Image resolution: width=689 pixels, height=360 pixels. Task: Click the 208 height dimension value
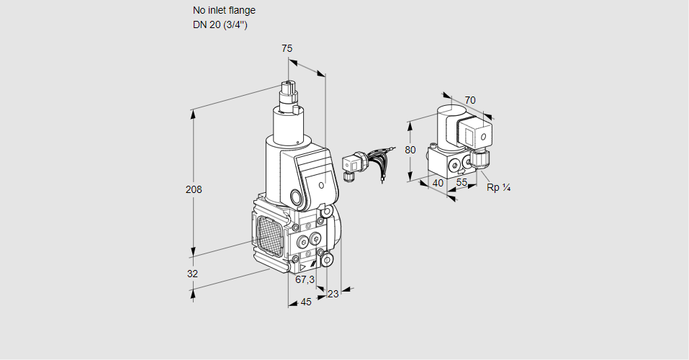pyautogui.click(x=193, y=190)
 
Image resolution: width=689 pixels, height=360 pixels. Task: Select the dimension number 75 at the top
pyautogui.click(x=287, y=48)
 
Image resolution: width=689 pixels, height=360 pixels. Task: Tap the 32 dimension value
pyautogui.click(x=192, y=274)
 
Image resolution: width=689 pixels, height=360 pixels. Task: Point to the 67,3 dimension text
pyautogui.click(x=305, y=279)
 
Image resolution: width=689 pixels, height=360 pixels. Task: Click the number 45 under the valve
pyautogui.click(x=306, y=302)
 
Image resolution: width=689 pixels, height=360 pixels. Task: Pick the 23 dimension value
pyautogui.click(x=333, y=293)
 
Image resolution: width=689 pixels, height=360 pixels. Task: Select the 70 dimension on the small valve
pyautogui.click(x=470, y=100)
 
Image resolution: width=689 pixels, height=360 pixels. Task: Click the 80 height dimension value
pyautogui.click(x=410, y=150)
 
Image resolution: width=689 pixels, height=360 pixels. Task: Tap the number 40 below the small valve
pyautogui.click(x=437, y=183)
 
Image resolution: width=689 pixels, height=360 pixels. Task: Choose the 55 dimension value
pyautogui.click(x=462, y=183)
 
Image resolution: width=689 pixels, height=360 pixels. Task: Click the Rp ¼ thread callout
pyautogui.click(x=498, y=188)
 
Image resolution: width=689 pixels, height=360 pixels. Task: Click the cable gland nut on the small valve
pyautogui.click(x=480, y=156)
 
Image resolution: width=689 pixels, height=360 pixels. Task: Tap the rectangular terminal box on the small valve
pyautogui.click(x=476, y=133)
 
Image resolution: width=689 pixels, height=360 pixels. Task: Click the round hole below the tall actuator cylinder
pyautogui.click(x=295, y=197)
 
